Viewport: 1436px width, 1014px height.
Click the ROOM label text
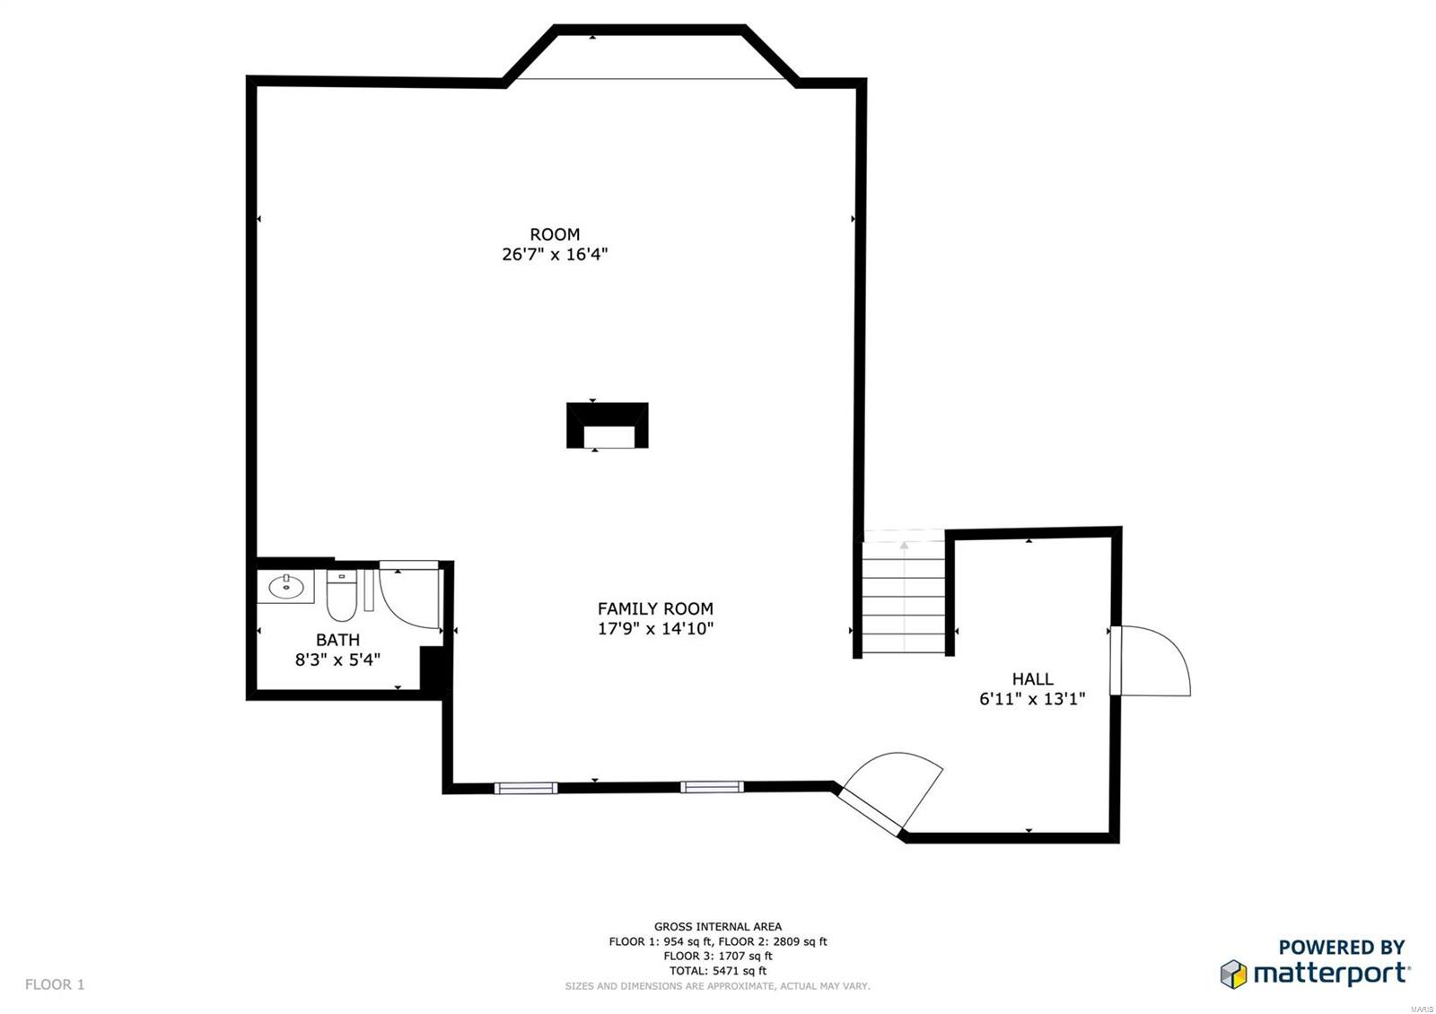tap(555, 235)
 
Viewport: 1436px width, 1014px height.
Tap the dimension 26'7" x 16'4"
tap(555, 255)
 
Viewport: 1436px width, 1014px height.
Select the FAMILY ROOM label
tap(655, 608)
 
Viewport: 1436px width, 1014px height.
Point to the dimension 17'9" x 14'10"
tap(655, 629)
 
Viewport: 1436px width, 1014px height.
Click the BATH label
tap(337, 640)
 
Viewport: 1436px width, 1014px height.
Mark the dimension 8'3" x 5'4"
tap(337, 660)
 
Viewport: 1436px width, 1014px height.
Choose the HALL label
tap(1032, 679)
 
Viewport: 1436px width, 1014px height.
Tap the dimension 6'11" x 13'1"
tap(1032, 699)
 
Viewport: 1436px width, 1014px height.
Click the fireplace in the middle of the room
tap(607, 425)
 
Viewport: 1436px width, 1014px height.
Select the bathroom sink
tap(286, 588)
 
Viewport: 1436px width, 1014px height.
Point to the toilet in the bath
tap(341, 596)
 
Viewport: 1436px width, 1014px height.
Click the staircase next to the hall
tap(904, 597)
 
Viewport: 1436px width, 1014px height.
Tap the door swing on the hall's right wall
tap(1153, 662)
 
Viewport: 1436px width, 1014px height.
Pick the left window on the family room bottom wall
tap(526, 788)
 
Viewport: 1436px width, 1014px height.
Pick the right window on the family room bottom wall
tap(712, 787)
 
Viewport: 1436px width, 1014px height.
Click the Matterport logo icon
tap(1234, 974)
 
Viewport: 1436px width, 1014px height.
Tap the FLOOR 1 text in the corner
tap(55, 984)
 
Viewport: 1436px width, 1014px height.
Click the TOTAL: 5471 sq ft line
tap(717, 970)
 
